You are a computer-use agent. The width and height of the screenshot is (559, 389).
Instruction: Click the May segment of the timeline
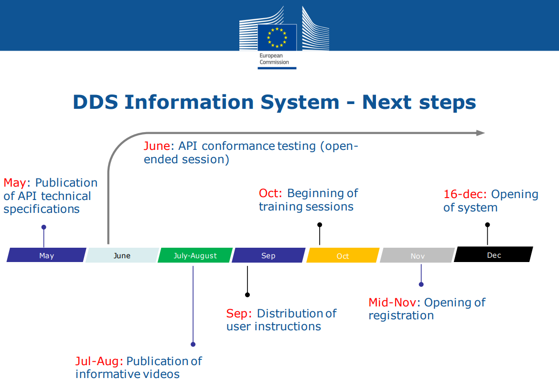click(x=46, y=255)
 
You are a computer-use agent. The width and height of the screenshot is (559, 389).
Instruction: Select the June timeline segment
click(x=122, y=255)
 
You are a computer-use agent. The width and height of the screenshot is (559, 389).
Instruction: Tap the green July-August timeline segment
click(x=195, y=255)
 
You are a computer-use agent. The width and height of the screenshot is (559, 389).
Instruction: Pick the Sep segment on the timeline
click(x=269, y=255)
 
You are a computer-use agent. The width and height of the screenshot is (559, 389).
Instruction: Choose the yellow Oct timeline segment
click(x=343, y=255)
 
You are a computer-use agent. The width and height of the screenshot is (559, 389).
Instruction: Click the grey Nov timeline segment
click(x=418, y=255)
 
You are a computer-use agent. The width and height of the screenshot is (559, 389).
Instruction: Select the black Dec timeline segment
click(x=494, y=254)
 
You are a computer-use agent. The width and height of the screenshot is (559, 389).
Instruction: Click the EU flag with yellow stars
click(x=277, y=37)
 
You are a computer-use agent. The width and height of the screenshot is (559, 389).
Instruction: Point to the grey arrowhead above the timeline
click(x=480, y=133)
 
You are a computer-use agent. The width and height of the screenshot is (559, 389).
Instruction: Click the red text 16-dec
click(x=465, y=194)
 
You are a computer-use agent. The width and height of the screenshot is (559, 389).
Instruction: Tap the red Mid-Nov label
click(x=392, y=303)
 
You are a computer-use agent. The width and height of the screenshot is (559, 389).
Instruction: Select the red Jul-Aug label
click(x=99, y=361)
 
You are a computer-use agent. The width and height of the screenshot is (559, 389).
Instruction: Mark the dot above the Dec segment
click(x=487, y=225)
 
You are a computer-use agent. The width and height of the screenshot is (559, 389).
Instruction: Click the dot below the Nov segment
click(x=421, y=284)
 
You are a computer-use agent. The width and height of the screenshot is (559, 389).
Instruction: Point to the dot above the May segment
click(x=44, y=227)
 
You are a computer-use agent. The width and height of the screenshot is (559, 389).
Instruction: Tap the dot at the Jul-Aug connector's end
click(x=193, y=344)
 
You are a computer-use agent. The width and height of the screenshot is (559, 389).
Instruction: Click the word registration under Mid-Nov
click(x=401, y=315)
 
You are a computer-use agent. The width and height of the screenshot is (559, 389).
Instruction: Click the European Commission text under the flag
click(x=274, y=59)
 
